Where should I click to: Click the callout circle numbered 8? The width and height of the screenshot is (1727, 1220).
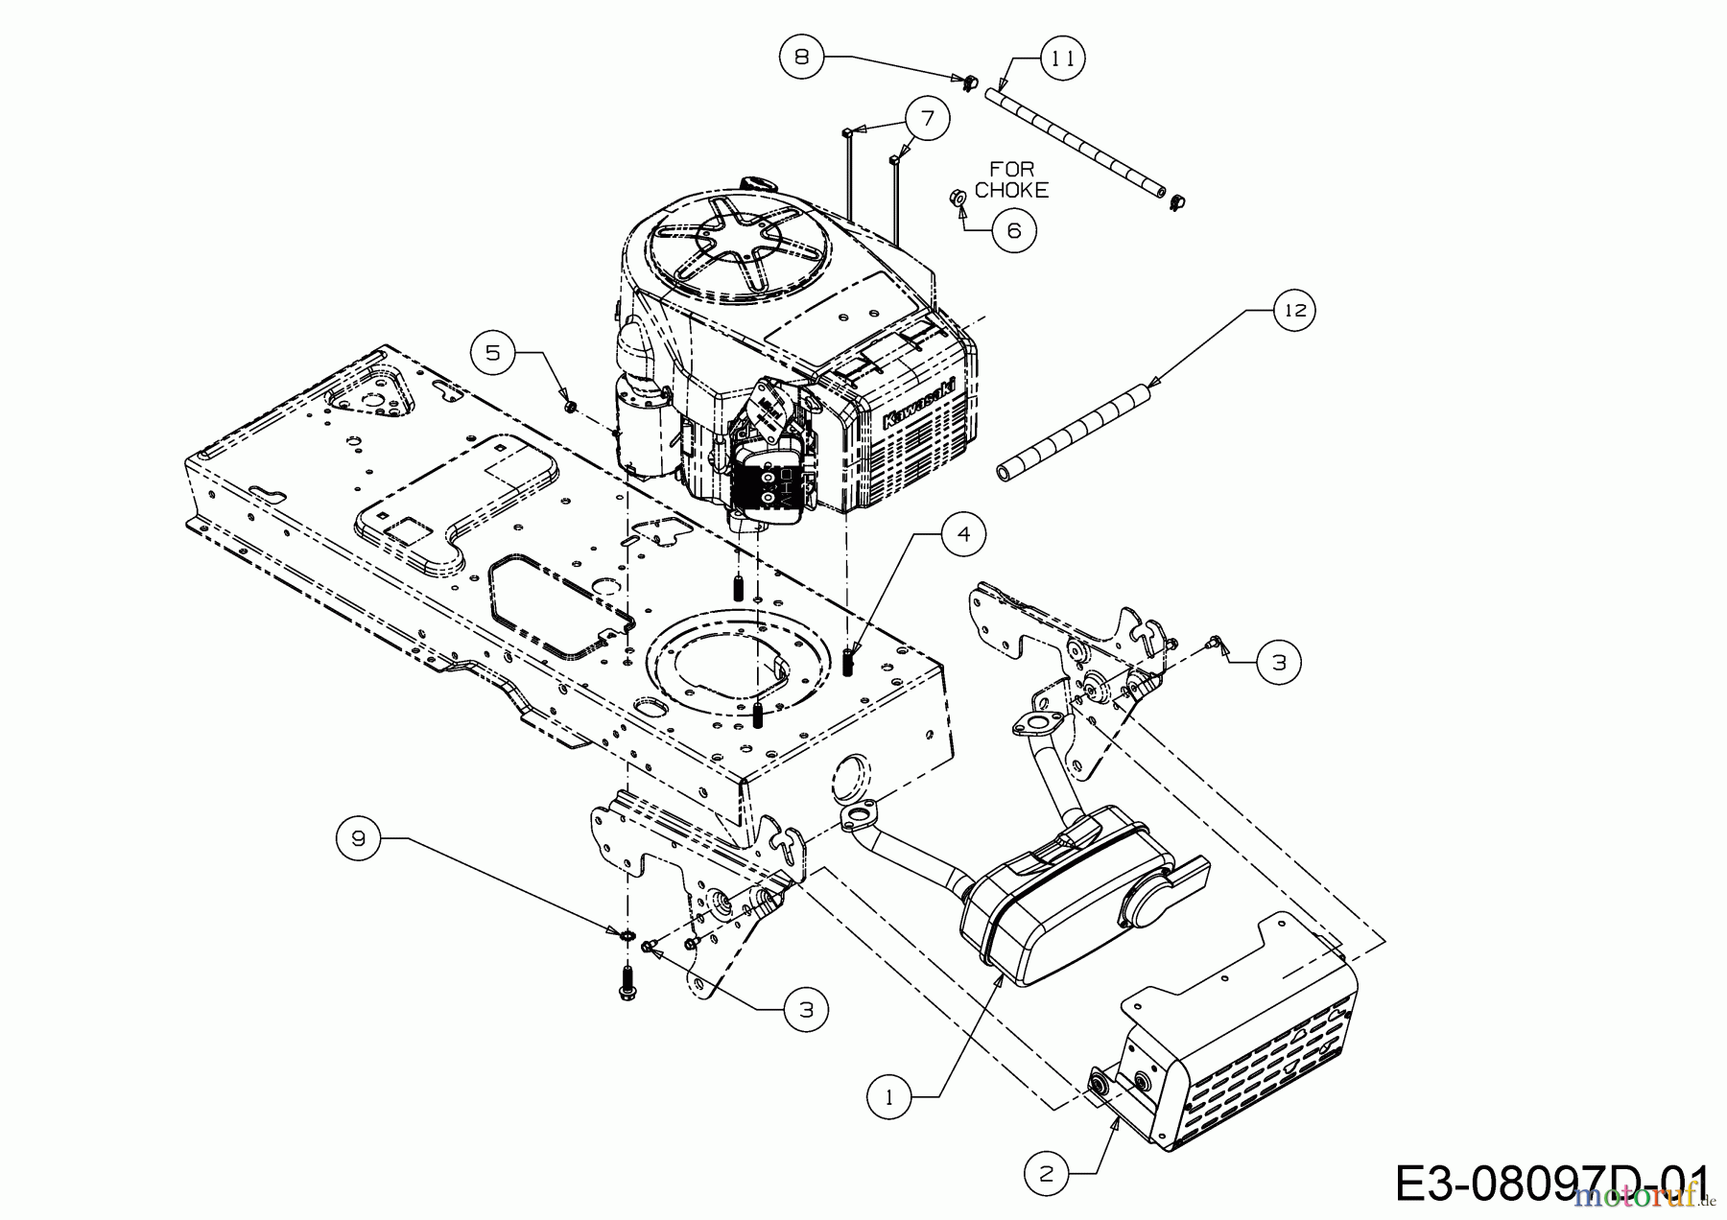[x=802, y=57]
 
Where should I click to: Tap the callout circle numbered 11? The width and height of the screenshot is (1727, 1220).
[x=1060, y=59]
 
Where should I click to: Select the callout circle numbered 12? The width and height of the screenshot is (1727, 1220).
[x=1295, y=310]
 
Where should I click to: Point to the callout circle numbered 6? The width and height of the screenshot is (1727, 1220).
[x=1013, y=230]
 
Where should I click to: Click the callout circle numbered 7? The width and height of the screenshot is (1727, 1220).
[x=927, y=119]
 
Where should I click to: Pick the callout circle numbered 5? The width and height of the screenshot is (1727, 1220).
[x=492, y=352]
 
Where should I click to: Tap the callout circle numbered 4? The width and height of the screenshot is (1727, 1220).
[x=964, y=534]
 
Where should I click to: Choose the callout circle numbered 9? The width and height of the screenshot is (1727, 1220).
[x=359, y=838]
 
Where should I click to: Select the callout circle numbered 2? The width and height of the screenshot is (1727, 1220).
[x=1047, y=1171]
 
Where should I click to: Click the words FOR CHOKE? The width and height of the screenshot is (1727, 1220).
[x=1011, y=179]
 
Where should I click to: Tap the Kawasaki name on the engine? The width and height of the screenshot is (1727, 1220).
[x=919, y=403]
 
